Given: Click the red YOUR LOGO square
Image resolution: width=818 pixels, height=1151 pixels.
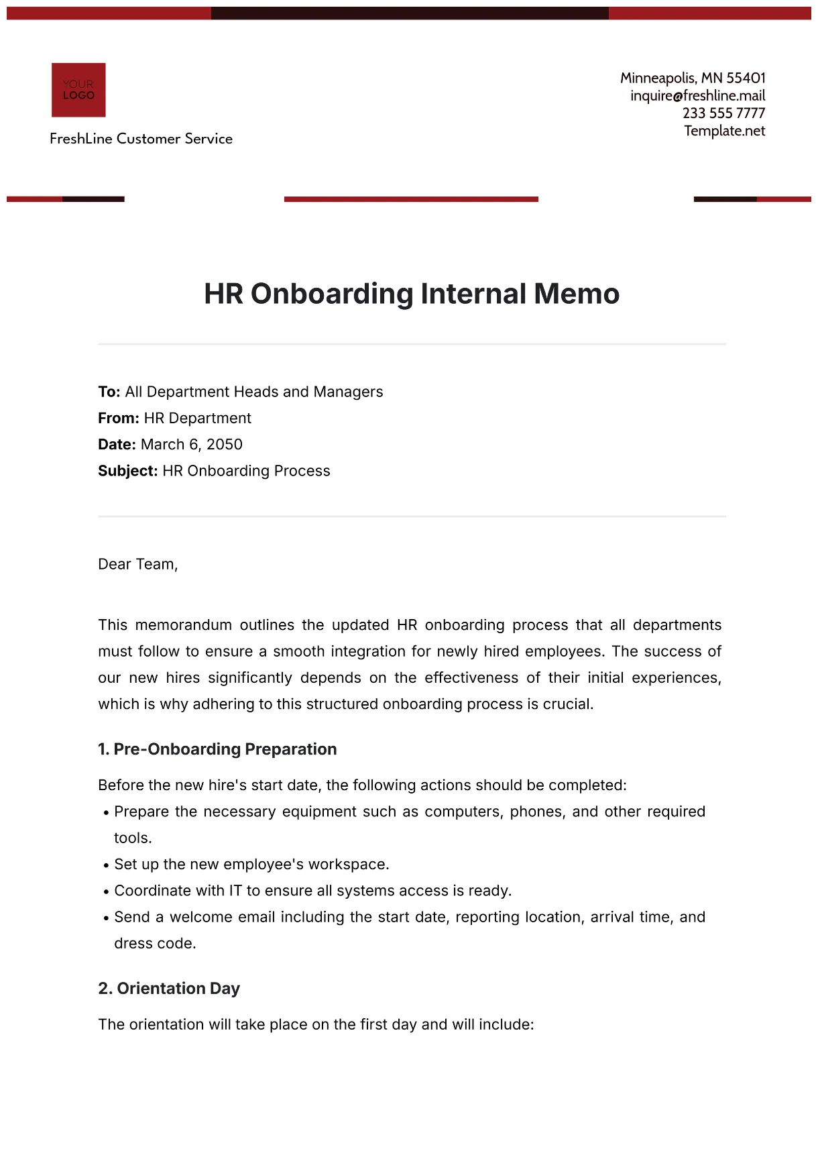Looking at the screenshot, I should point(78,90).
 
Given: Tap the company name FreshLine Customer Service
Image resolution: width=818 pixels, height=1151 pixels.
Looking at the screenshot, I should point(141,139).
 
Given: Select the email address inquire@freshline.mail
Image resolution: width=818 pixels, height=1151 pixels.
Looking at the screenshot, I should point(697,96).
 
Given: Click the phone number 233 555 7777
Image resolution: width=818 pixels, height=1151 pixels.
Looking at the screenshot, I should point(723,113).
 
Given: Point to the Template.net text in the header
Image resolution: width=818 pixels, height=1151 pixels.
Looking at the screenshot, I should point(724,131).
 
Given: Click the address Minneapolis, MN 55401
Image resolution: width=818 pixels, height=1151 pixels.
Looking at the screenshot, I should point(693,78).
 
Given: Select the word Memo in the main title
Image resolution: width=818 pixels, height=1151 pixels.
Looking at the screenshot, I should point(577,294).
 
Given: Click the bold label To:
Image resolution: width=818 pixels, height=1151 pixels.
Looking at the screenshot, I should point(109,392).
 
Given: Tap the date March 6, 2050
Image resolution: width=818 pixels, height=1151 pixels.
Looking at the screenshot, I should point(192,445).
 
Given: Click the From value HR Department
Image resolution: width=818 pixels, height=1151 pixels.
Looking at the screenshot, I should point(198,419).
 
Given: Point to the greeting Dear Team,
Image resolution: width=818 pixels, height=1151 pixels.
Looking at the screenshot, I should point(138,564).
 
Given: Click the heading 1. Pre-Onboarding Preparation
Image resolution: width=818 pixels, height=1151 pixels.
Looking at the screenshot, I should point(217,749).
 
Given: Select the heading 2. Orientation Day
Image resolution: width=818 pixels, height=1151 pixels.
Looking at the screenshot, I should point(169,989).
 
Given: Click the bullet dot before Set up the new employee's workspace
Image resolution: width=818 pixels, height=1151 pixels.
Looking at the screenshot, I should point(107,866).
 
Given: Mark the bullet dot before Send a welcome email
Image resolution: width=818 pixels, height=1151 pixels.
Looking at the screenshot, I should point(107,918).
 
